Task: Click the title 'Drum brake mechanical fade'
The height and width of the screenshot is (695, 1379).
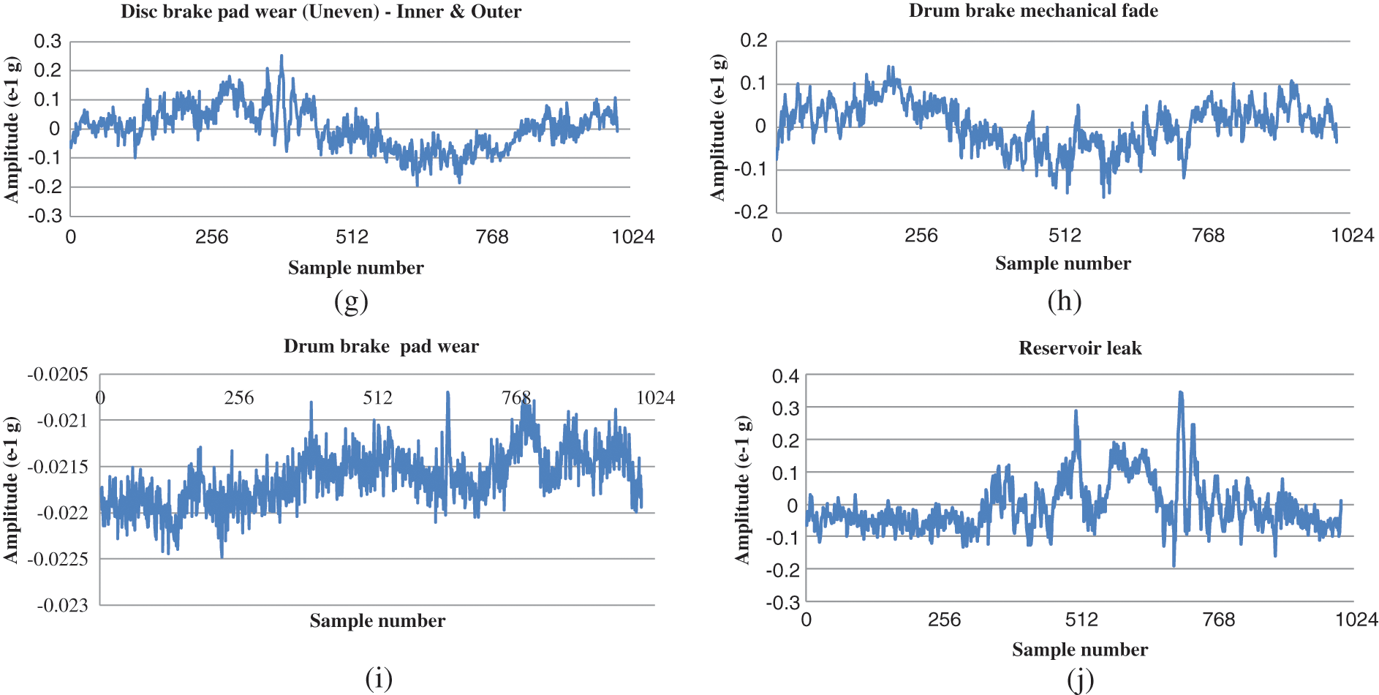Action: [x=1033, y=11]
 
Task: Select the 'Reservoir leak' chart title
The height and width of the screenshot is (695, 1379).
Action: [x=1080, y=348]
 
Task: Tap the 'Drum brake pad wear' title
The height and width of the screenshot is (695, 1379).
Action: [x=381, y=346]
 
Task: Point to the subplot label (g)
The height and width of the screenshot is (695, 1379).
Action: [x=351, y=301]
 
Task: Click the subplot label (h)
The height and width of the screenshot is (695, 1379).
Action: [x=1064, y=301]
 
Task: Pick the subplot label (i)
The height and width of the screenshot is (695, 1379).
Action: [x=379, y=678]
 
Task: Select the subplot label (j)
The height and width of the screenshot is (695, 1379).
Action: [x=1080, y=680]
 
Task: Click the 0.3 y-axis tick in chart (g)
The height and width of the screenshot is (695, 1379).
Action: [x=48, y=42]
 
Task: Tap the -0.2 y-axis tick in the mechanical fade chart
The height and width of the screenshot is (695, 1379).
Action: [x=754, y=212]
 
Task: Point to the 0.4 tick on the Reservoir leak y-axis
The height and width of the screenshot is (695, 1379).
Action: [x=785, y=377]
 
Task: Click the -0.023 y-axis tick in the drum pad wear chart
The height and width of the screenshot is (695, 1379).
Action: [x=62, y=606]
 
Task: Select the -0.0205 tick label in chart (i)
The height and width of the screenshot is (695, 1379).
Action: [x=58, y=375]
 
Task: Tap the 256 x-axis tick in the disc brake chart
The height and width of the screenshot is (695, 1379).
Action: [x=211, y=237]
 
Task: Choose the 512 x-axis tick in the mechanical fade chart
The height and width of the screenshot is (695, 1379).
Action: [x=1065, y=236]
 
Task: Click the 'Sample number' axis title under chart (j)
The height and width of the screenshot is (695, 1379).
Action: [x=1080, y=650]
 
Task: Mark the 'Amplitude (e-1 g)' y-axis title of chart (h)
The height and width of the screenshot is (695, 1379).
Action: [x=718, y=127]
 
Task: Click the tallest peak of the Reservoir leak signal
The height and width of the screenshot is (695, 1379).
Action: [x=1180, y=393]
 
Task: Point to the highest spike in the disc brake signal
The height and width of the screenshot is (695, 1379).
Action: [x=282, y=56]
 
